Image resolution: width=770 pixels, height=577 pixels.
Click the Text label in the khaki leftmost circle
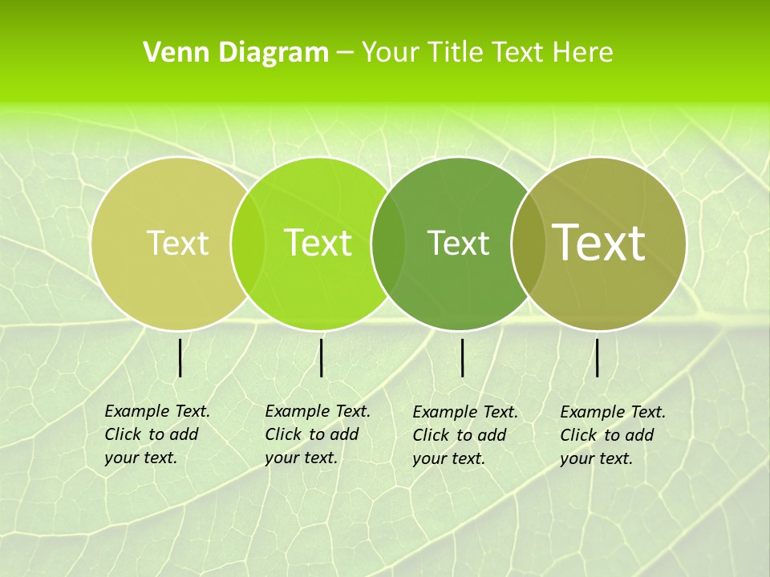pyautogui.click(x=177, y=243)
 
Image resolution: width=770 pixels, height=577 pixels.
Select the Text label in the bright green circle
pyautogui.click(x=318, y=243)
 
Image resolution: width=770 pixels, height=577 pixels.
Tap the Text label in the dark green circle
pyautogui.click(x=458, y=243)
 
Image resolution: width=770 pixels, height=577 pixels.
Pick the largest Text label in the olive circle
pyautogui.click(x=599, y=242)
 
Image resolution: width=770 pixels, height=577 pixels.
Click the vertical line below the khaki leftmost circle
pyautogui.click(x=180, y=357)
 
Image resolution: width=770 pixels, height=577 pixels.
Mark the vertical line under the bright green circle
pyautogui.click(x=321, y=357)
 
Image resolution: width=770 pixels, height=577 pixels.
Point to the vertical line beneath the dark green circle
pyautogui.click(x=462, y=357)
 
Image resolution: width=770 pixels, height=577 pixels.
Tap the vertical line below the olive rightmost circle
pyautogui.click(x=597, y=357)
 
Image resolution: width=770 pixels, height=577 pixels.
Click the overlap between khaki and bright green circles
pyautogui.click(x=248, y=243)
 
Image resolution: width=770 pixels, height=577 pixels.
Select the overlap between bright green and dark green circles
pyautogui.click(x=388, y=243)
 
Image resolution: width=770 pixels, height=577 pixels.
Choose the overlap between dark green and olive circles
pyautogui.click(x=526, y=243)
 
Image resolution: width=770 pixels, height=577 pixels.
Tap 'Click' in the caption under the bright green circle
pyautogui.click(x=283, y=434)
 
